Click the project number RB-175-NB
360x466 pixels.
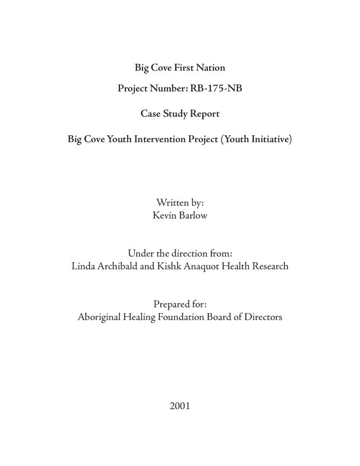[x=216, y=88]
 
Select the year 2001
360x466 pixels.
[x=180, y=406]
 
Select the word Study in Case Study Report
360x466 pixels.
[x=176, y=114]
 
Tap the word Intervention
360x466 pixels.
[x=160, y=139]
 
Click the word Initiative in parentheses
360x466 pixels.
[x=269, y=139]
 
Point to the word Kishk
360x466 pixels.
[x=171, y=266]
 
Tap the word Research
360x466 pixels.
[x=269, y=266]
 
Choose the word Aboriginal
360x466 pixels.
[x=99, y=317]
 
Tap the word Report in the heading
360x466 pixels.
[x=205, y=114]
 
